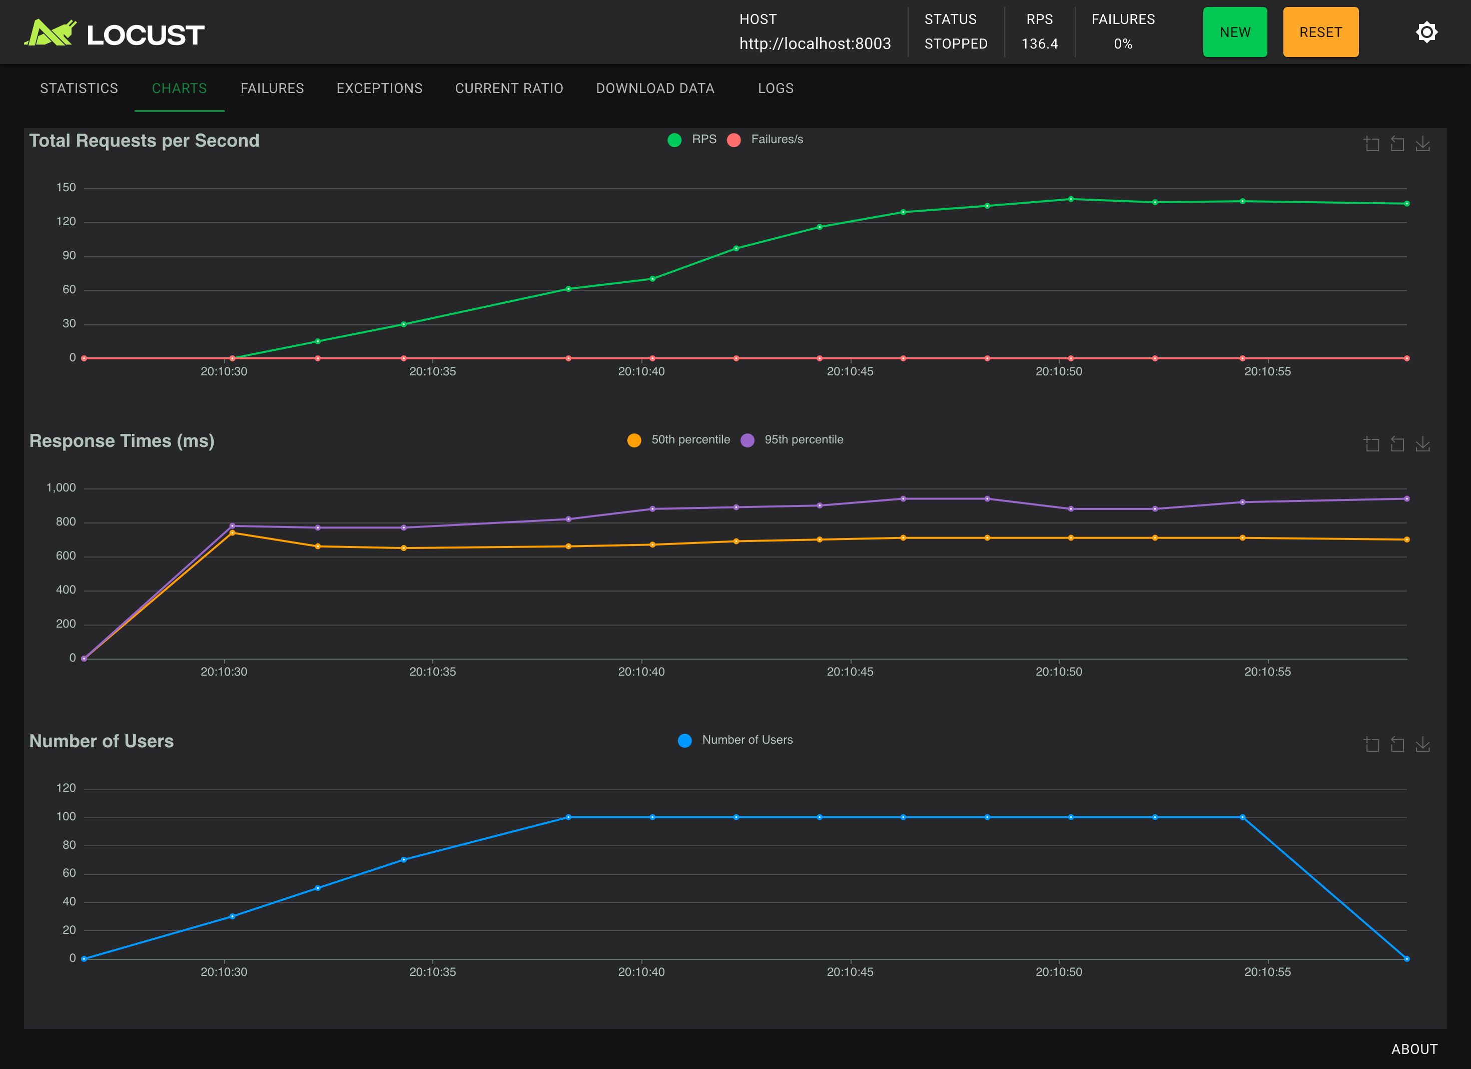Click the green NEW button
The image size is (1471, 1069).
pos(1234,33)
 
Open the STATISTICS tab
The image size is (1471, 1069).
pos(79,88)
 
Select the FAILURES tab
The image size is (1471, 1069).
pos(272,88)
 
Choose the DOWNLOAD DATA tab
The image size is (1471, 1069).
pos(655,88)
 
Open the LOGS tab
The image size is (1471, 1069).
pos(776,88)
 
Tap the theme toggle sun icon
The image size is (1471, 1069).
pos(1426,32)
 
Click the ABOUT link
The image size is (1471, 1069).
pos(1414,1049)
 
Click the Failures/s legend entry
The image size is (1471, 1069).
pos(766,140)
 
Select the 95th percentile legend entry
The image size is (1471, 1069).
pos(792,440)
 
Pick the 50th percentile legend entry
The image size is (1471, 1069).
pos(678,440)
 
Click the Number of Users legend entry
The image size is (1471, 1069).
pos(735,740)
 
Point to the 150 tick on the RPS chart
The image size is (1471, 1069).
pos(66,188)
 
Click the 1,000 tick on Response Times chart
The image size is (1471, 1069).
pos(61,488)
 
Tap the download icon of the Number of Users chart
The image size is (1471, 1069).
pos(1422,744)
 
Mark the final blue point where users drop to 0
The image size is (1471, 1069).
pos(1406,959)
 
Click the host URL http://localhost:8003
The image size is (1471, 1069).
pos(815,44)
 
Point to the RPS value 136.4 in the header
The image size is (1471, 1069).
pos(1040,44)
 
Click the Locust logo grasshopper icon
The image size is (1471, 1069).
pos(50,33)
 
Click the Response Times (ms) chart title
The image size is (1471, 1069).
pos(122,441)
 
